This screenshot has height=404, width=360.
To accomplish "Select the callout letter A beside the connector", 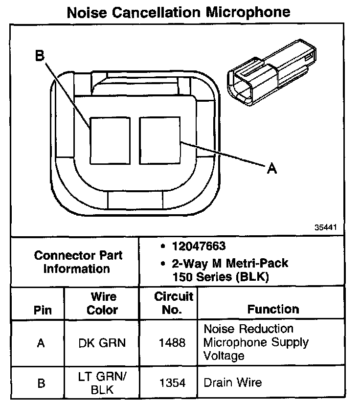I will point(272,169).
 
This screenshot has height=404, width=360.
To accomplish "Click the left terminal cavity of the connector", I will point(110,140).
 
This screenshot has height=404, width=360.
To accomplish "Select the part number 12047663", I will point(198,246).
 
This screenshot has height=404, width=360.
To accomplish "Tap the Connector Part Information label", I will point(78,262).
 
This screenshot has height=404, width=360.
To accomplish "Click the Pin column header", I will point(42,310).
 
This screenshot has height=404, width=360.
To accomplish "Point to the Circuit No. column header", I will point(174,303).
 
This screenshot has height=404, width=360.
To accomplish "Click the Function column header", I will point(273,309).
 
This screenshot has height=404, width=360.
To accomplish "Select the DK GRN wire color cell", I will point(102,342).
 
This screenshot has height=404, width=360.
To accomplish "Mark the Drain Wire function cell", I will point(232,382).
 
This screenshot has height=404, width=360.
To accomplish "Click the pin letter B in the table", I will point(41,383).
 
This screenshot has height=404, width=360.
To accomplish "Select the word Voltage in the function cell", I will point(224,355).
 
